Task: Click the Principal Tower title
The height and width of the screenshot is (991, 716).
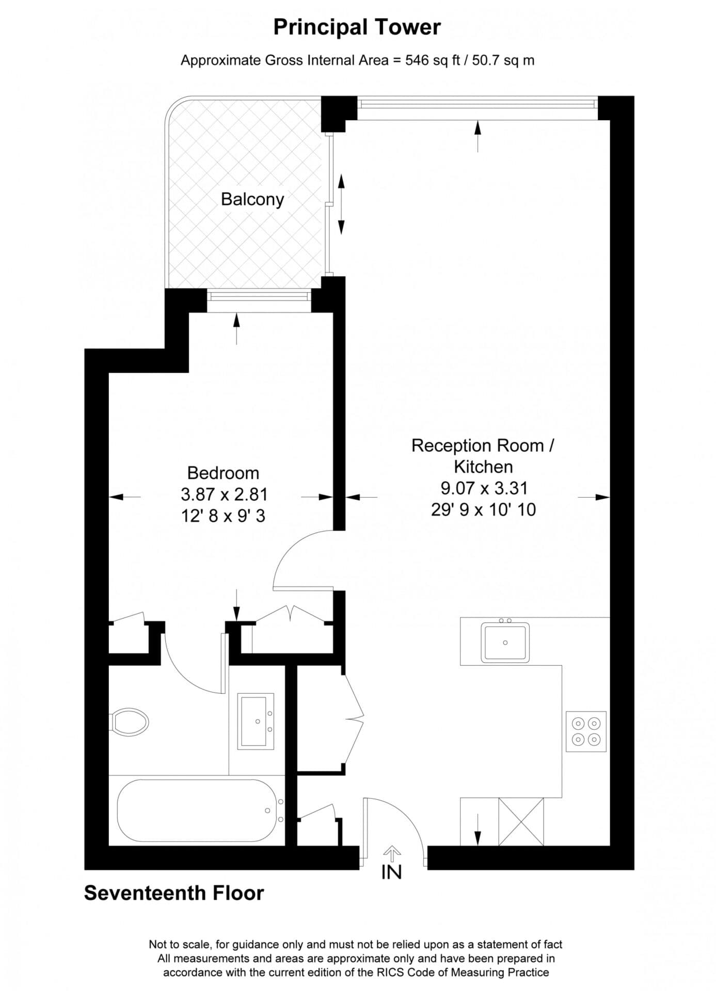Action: [357, 27]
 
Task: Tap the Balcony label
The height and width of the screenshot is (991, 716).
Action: [252, 199]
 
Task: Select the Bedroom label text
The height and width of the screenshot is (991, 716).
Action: [223, 473]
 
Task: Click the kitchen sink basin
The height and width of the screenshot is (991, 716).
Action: [505, 643]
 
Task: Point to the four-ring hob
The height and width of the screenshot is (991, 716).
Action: [586, 731]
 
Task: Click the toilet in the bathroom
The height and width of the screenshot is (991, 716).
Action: [130, 721]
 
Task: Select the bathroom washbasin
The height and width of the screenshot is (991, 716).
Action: [256, 721]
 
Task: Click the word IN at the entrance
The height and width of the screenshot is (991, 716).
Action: [391, 872]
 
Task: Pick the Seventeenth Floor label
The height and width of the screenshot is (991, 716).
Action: [174, 893]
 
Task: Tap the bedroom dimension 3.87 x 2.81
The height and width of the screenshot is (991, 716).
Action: [224, 494]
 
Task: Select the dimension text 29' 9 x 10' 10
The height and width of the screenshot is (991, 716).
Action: [483, 510]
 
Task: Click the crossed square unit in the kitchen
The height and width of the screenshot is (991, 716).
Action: [521, 821]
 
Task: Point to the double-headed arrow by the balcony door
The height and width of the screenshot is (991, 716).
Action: [341, 204]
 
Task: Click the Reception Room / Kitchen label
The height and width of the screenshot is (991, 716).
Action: [483, 456]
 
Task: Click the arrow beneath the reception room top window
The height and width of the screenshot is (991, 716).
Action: [478, 136]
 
